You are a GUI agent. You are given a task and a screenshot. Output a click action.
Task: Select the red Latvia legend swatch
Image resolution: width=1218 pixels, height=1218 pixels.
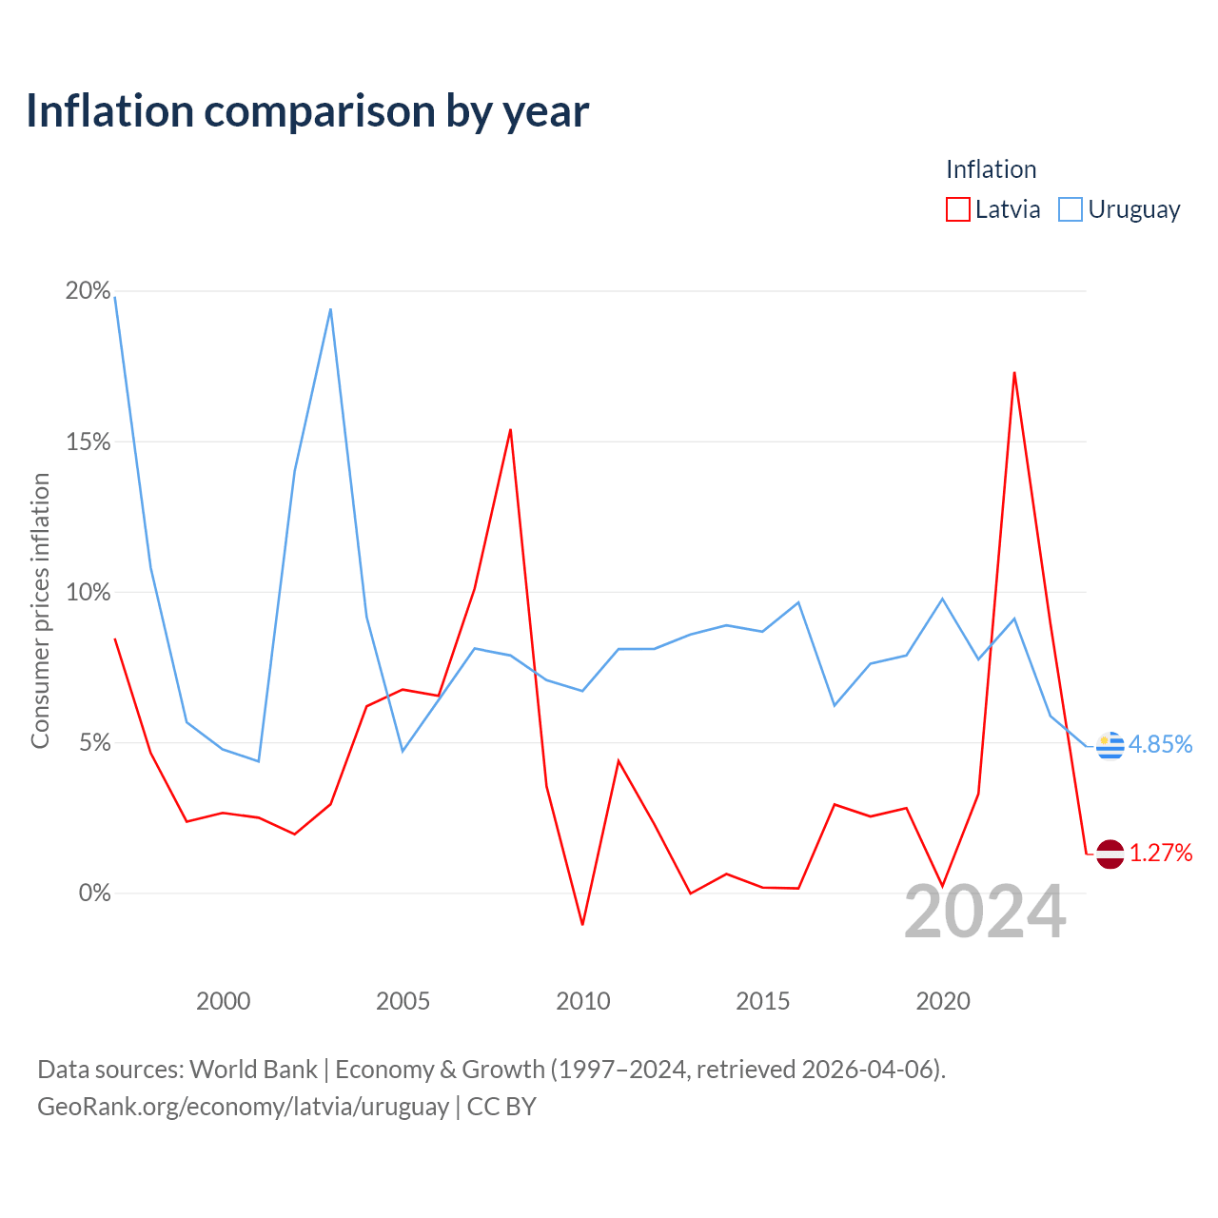pos(957,209)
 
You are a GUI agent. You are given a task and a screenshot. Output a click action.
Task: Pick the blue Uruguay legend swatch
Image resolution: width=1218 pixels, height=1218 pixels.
pos(1071,209)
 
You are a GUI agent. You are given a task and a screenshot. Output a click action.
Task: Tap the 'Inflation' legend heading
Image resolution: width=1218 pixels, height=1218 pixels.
pos(992,169)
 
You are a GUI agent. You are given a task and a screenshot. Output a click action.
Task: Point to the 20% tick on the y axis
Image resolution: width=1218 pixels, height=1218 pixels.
pos(88,291)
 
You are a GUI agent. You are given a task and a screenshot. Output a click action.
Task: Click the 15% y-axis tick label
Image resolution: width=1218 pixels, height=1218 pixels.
pos(88,442)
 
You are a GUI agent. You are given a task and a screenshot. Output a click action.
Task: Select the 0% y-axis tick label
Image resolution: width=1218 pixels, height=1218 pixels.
pos(94,894)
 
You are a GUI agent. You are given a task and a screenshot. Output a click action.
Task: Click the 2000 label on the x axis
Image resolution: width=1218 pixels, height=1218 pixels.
pos(223,1001)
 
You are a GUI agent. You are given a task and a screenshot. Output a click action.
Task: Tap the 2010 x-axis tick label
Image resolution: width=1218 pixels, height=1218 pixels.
pos(582,1001)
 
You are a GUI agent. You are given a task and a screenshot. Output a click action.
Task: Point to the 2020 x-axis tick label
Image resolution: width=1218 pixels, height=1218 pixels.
pos(942,1001)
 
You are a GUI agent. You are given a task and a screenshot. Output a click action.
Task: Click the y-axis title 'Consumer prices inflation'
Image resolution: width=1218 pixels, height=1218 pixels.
pos(40,611)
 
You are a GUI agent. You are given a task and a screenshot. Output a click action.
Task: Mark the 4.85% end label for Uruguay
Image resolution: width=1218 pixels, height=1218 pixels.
pos(1160,744)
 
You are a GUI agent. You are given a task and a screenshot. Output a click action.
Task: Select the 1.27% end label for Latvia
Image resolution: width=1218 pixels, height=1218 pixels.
pos(1161,854)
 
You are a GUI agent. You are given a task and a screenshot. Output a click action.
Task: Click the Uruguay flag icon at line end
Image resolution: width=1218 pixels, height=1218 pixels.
pos(1110,746)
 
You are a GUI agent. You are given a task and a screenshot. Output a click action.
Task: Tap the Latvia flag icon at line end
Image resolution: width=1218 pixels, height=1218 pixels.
pos(1110,855)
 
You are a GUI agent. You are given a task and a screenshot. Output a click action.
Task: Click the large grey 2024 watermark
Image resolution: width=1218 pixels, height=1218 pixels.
pos(986,912)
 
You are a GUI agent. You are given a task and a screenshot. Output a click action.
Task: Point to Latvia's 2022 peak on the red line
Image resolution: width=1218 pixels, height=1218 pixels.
pos(1014,373)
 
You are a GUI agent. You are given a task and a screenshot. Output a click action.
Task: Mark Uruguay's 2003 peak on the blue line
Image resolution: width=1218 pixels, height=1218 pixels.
pos(330,309)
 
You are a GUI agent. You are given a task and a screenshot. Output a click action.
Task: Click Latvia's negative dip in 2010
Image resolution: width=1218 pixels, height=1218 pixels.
pos(582,925)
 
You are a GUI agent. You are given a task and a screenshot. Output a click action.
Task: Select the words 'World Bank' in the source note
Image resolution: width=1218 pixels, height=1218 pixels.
pos(253,1071)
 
